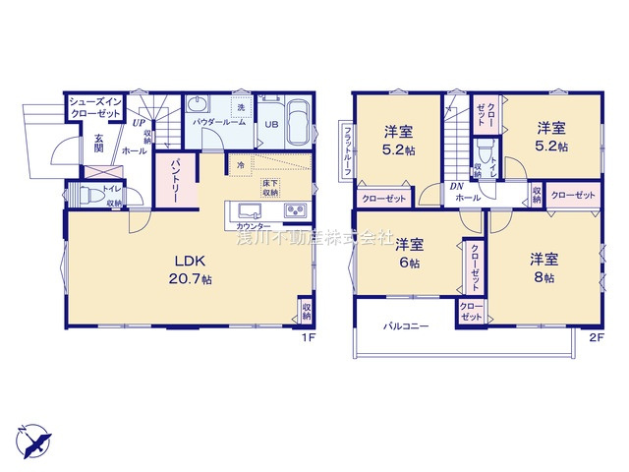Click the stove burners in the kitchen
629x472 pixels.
pos(296,212)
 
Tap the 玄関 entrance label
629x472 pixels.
pos(99,144)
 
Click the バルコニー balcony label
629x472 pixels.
pos(406,325)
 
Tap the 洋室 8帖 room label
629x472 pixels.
pos(544,268)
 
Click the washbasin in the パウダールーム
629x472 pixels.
pos(199,106)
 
